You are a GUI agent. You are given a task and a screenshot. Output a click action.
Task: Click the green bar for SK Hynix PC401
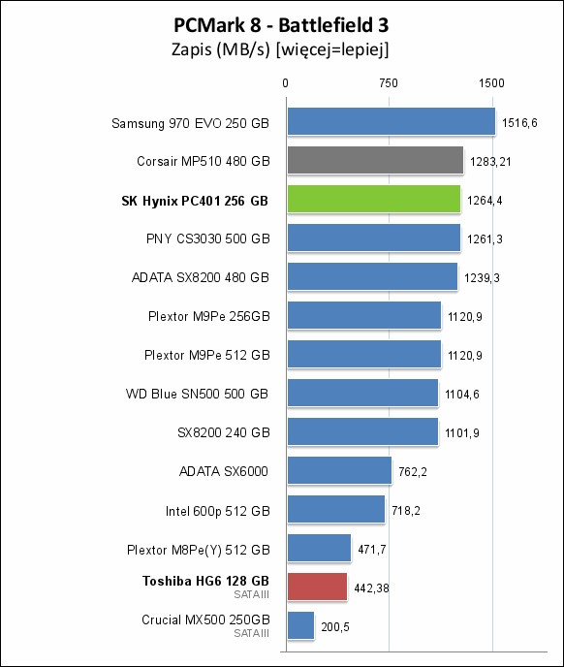click(x=374, y=199)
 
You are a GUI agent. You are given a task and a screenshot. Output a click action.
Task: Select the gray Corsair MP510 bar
click(x=375, y=160)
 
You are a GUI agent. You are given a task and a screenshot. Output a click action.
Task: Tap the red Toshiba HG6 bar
click(x=317, y=587)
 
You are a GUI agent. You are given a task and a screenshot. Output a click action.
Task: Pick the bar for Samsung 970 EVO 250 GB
click(x=392, y=121)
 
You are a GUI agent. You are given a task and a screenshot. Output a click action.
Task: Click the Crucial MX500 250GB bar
click(x=300, y=625)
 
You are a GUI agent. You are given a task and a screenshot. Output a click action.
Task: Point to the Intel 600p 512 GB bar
click(x=336, y=509)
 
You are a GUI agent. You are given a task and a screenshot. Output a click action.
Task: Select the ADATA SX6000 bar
click(x=339, y=470)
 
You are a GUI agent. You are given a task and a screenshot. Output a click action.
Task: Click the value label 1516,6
click(x=519, y=123)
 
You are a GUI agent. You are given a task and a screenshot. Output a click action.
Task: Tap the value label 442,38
click(x=371, y=588)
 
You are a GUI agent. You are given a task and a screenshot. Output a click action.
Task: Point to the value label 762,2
click(x=413, y=472)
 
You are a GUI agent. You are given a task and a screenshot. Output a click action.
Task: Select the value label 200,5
click(x=335, y=627)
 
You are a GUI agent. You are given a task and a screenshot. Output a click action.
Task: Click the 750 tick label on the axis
click(x=389, y=83)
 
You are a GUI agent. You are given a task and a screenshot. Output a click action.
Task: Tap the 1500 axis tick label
click(x=491, y=83)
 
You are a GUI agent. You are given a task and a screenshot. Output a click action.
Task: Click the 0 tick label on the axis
click(x=286, y=83)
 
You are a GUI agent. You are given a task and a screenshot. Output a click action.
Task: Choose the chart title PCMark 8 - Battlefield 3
click(x=281, y=25)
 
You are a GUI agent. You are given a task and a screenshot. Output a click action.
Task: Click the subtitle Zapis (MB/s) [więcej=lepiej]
click(x=280, y=49)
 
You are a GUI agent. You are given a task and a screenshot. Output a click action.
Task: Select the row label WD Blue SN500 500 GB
click(x=197, y=394)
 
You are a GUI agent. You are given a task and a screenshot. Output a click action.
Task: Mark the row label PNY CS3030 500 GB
click(x=208, y=238)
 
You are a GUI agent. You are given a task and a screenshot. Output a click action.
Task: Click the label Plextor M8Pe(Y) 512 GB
click(x=199, y=550)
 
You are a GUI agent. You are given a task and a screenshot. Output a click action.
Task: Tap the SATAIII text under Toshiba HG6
click(x=251, y=594)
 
